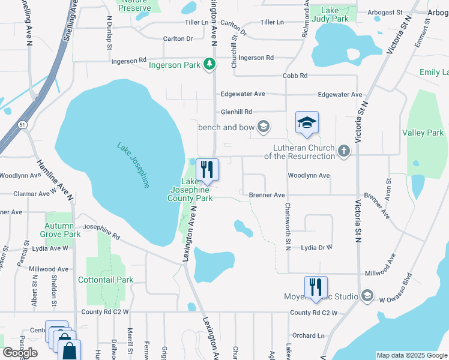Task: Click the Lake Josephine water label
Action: coord(133,165)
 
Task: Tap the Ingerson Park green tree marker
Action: coord(209,64)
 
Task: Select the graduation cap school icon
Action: coord(307,122)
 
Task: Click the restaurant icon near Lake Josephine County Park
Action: coord(207,169)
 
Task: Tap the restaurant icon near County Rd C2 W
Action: coord(315,287)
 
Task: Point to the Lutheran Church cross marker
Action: coord(344,151)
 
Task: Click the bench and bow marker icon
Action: coord(263,127)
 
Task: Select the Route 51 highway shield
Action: coord(23,124)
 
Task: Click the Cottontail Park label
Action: coord(106,280)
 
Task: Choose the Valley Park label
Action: coord(423,133)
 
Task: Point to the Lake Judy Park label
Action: coord(334,14)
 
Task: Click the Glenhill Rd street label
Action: coord(236,112)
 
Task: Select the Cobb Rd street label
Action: coord(295,76)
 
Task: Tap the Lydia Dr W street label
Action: coord(316,247)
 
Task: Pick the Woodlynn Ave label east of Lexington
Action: coord(309,175)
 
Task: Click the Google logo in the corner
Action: coord(20,353)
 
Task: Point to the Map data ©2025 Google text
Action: coord(411,355)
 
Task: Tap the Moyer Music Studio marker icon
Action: coord(367,296)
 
